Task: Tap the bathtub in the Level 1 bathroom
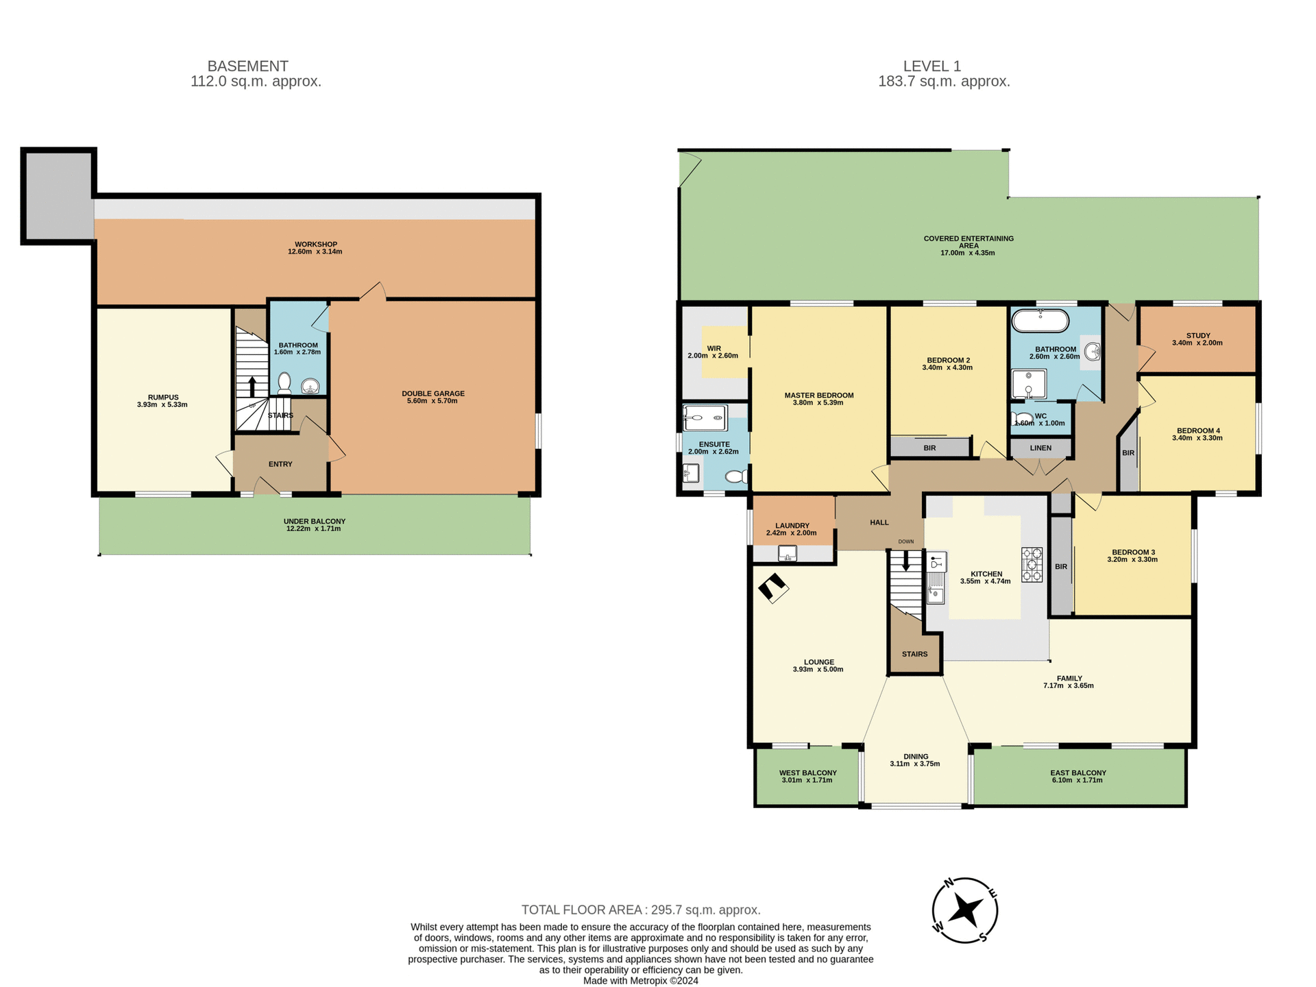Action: tap(1040, 321)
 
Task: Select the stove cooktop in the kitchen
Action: tap(1032, 565)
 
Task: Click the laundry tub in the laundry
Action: tap(788, 553)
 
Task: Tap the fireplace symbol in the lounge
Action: tap(773, 588)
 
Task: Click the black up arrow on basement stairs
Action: tap(252, 386)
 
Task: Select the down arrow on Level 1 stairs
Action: tap(906, 562)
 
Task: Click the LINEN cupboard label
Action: tap(1040, 448)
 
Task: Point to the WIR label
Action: tap(714, 349)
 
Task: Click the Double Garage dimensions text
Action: tap(432, 401)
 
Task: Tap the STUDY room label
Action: tap(1197, 336)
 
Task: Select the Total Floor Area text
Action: tap(641, 910)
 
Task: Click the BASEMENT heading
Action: tap(247, 66)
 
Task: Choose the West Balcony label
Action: tap(807, 773)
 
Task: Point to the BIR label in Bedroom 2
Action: tap(929, 448)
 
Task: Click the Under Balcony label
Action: tap(314, 522)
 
